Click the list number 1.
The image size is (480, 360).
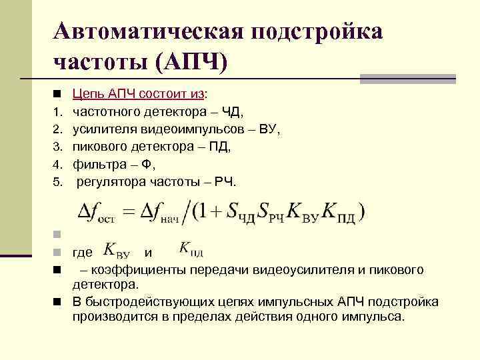pos(57,109)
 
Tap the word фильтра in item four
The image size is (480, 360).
pos(99,163)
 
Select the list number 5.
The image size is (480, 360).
pos(57,181)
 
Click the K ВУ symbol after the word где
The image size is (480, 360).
pos(118,251)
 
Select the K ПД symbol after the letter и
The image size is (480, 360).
pos(191,249)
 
